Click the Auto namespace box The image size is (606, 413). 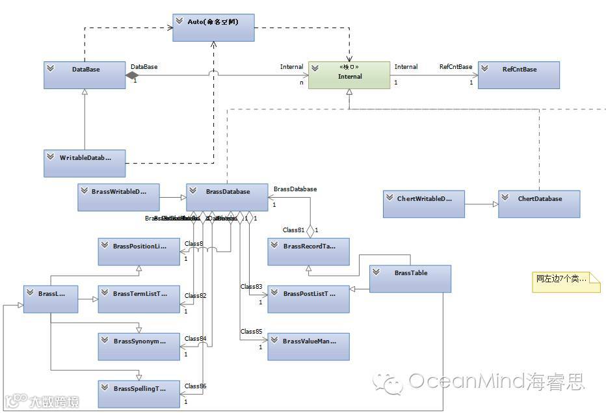213,27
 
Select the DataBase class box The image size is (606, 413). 85,75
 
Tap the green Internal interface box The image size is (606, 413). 349,75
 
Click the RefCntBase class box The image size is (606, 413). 518,75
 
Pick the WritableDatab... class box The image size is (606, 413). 85,163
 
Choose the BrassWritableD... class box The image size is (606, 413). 118,197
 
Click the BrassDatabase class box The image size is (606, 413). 227,197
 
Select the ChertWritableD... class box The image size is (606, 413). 423,204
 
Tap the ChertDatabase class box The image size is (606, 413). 539,204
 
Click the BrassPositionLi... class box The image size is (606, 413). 139,252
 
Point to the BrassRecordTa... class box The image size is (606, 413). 309,252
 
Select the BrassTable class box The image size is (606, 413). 410,278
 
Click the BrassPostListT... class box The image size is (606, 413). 309,299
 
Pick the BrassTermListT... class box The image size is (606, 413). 139,299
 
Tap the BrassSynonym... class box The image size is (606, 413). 139,346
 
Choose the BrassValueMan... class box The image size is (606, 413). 309,346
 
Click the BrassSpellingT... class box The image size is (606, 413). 139,393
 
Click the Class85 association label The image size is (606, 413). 251,332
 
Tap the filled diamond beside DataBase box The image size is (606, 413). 133,75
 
